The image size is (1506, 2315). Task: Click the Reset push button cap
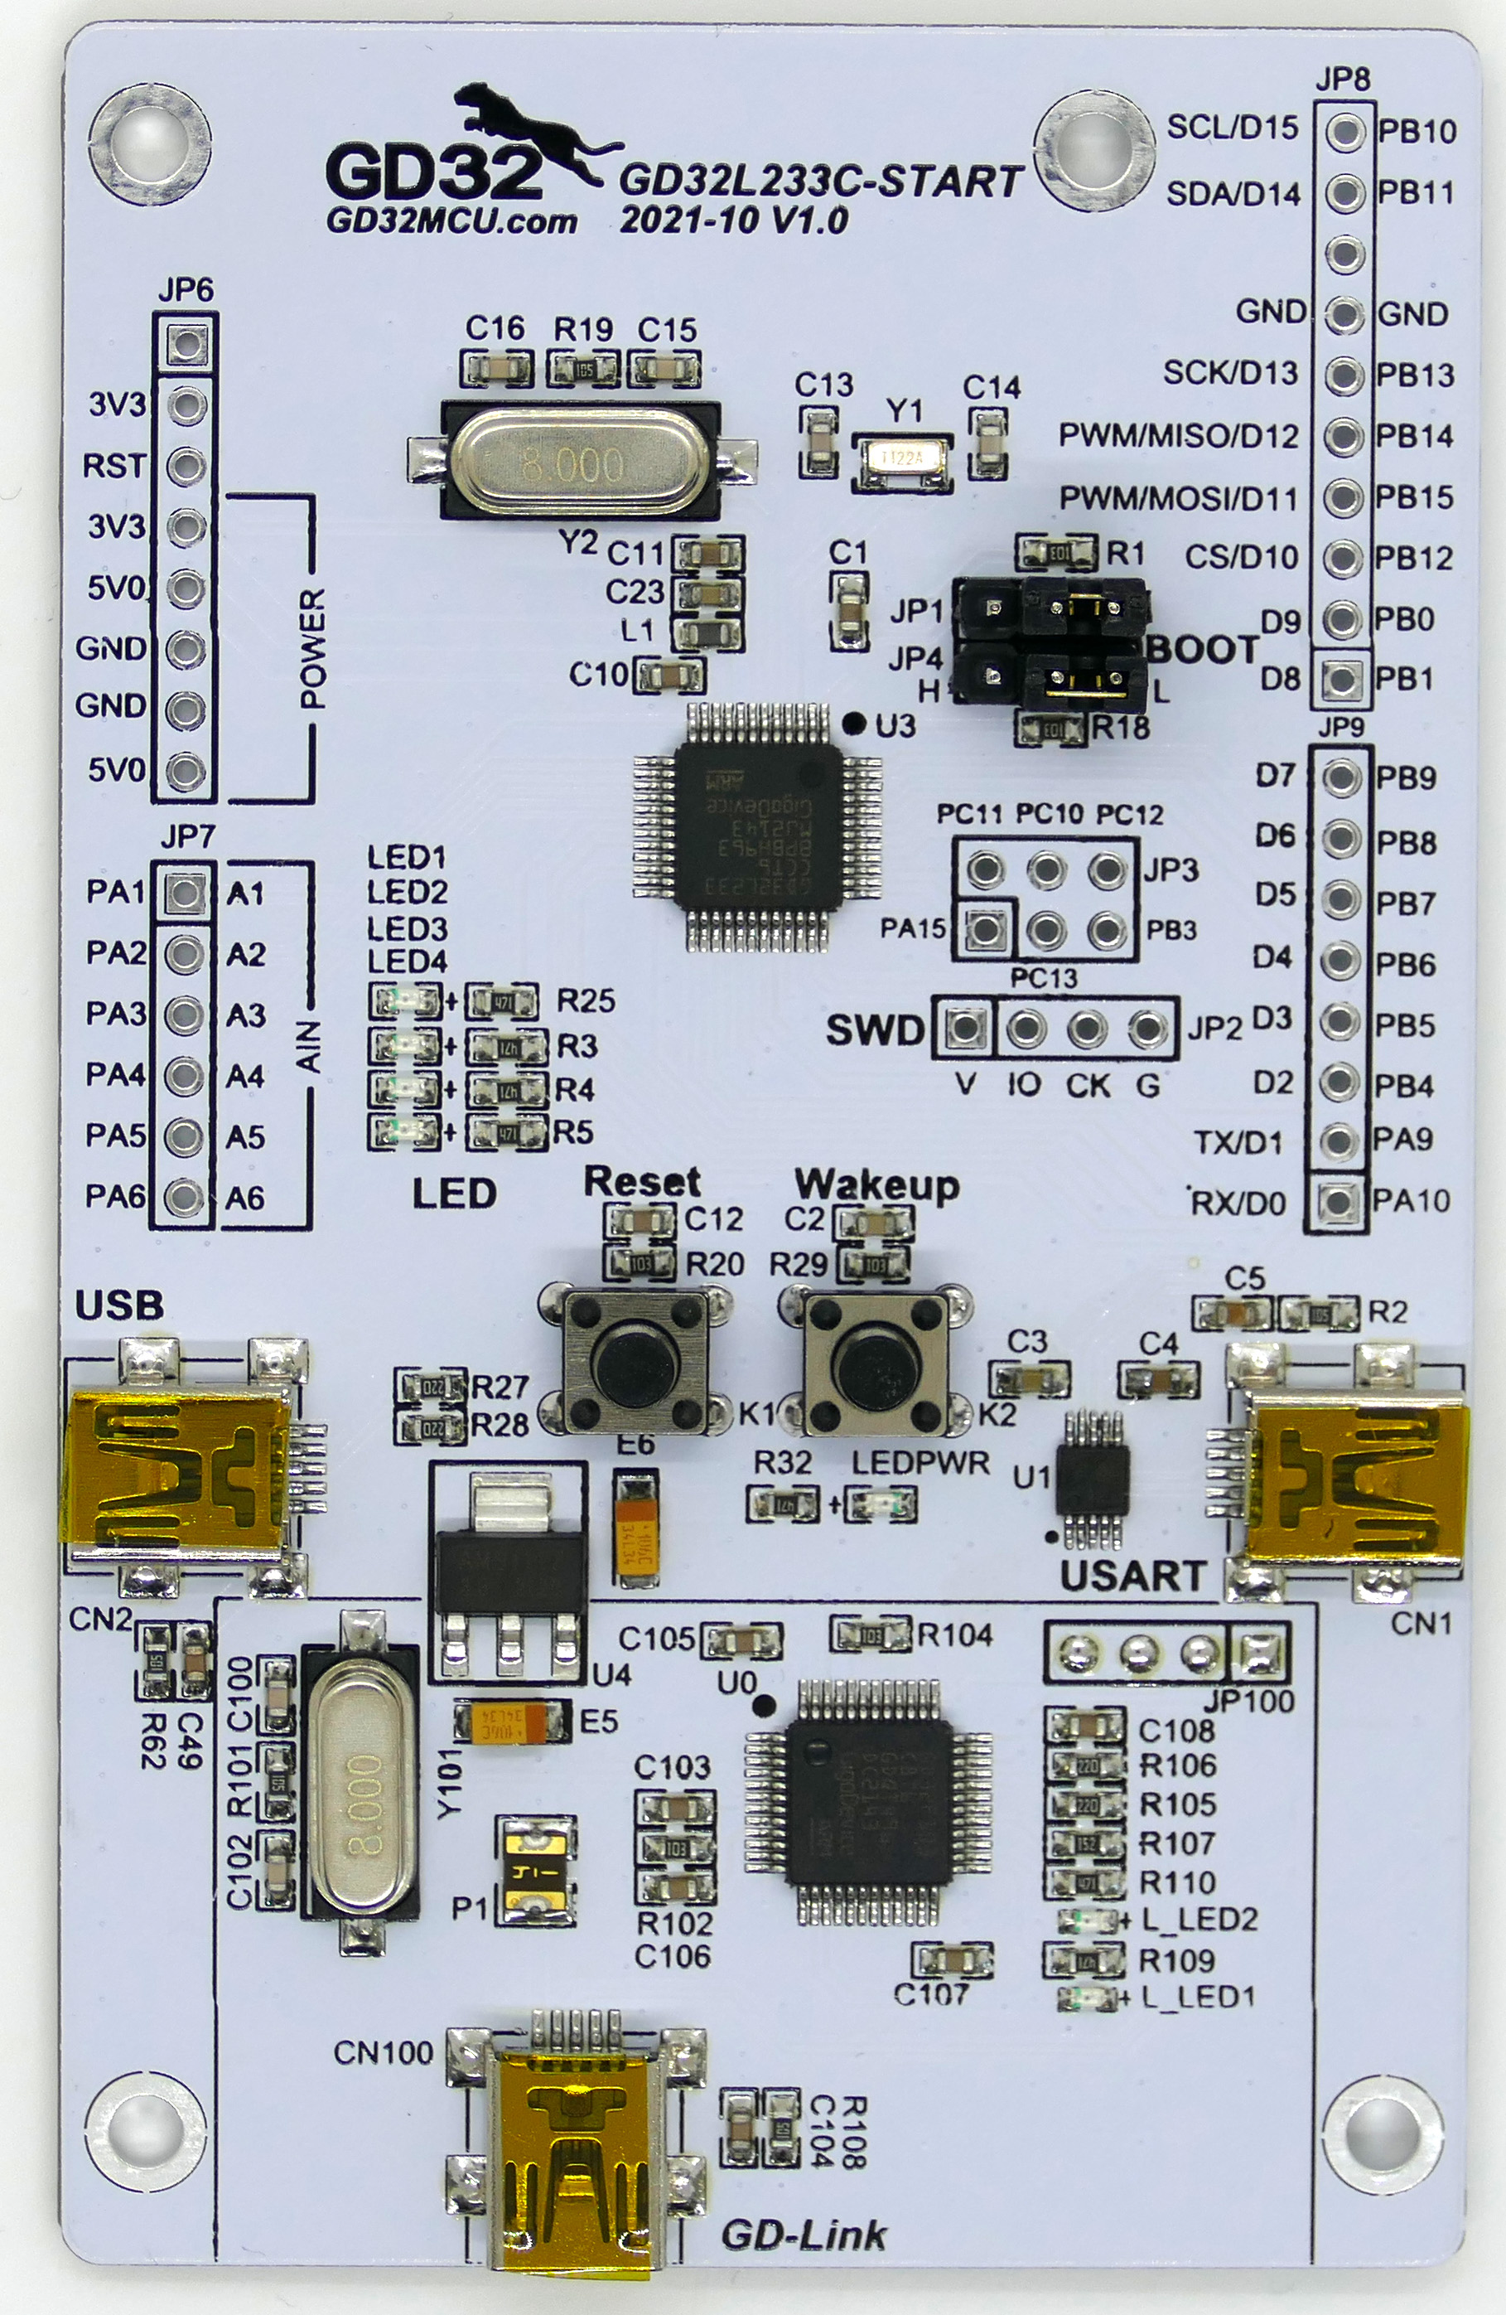[x=637, y=1363]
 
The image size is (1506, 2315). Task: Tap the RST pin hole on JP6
[x=186, y=466]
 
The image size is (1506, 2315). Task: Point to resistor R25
[x=502, y=1001]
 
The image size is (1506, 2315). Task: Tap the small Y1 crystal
[x=902, y=458]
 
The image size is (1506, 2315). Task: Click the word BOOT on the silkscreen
[x=1204, y=650]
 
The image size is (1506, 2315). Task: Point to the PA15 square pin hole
[x=985, y=928]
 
